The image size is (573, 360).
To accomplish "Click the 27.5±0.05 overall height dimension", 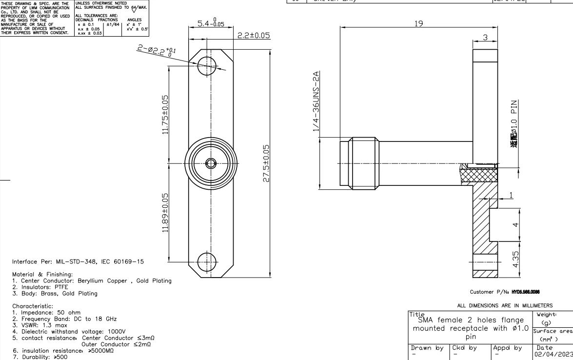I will point(266,163).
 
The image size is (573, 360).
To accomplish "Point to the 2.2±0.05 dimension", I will point(253,37).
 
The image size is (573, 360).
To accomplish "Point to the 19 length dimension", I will point(418,23).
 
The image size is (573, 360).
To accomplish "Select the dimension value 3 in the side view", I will point(485,38).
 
